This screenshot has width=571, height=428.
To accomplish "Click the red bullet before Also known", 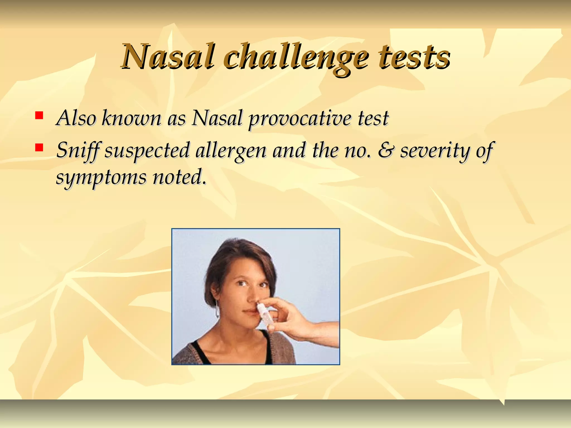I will click(39, 115).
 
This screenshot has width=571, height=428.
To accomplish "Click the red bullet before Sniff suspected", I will click(39, 147).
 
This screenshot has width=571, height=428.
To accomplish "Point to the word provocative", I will click(299, 119).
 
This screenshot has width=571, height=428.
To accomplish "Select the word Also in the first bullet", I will click(76, 118).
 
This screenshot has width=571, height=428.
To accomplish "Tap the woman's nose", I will click(252, 298).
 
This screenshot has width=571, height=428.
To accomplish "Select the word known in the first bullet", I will click(131, 118).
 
